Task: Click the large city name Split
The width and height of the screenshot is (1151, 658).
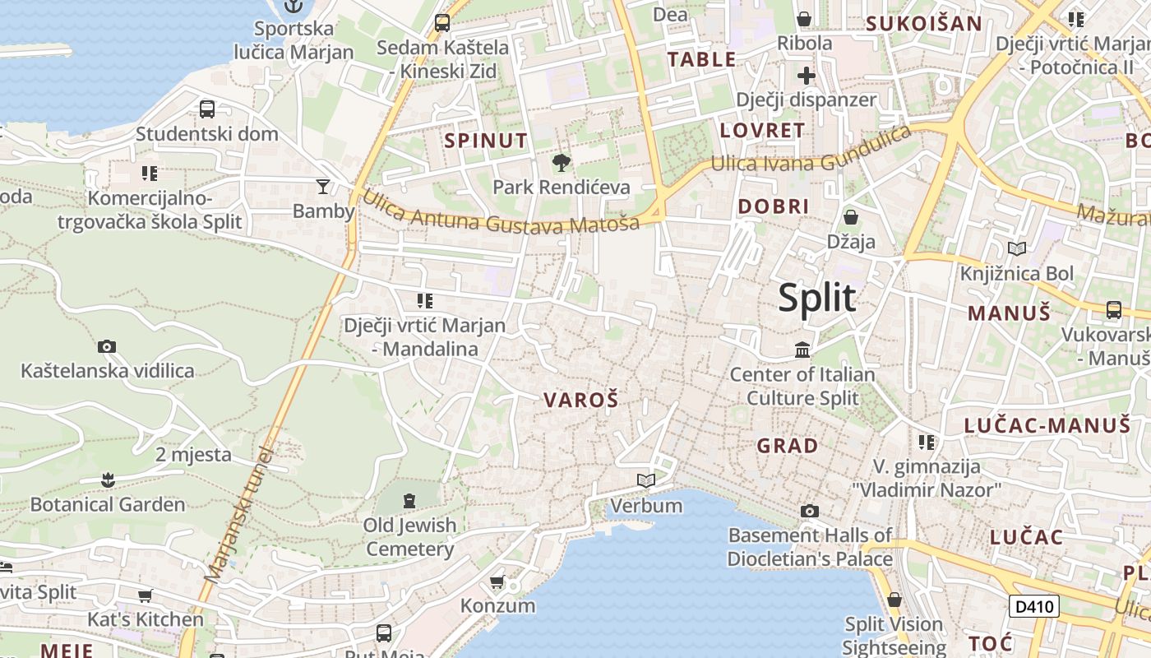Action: pos(817,298)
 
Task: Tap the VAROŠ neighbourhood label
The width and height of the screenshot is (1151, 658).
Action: pos(580,401)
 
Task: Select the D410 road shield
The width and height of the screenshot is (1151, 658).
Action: pos(1034,607)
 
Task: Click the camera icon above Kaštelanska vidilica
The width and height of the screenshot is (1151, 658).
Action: pos(107,347)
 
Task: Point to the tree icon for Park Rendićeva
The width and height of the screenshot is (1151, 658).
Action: pos(562,163)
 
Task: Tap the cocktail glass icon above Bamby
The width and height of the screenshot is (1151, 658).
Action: pos(323,187)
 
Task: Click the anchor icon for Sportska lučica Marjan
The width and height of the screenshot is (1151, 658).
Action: pos(294,7)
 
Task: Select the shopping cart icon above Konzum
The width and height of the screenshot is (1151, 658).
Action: pos(497,582)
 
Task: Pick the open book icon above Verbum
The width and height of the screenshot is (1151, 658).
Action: pos(646,480)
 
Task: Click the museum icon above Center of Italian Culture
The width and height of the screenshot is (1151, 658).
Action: pos(802,350)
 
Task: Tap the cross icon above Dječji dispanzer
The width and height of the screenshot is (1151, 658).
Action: pos(807,76)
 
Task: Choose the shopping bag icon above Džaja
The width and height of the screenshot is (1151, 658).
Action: pos(851,217)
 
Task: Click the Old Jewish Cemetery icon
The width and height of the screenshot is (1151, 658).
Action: pos(409,500)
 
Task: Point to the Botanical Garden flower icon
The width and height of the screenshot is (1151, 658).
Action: pos(108,480)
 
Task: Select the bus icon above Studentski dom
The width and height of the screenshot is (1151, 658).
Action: pos(207,109)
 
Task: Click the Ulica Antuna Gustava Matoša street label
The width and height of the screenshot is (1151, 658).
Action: pos(501,212)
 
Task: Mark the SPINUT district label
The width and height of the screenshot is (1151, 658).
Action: pos(486,141)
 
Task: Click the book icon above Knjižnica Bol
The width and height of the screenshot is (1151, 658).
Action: pos(1017,248)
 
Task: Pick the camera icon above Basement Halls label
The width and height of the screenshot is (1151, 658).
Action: pos(810,512)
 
